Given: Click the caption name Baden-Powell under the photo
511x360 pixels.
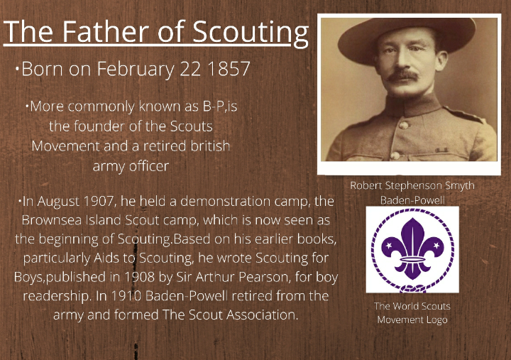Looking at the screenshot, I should (x=412, y=201).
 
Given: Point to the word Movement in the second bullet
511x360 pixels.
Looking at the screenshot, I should (x=61, y=146).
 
